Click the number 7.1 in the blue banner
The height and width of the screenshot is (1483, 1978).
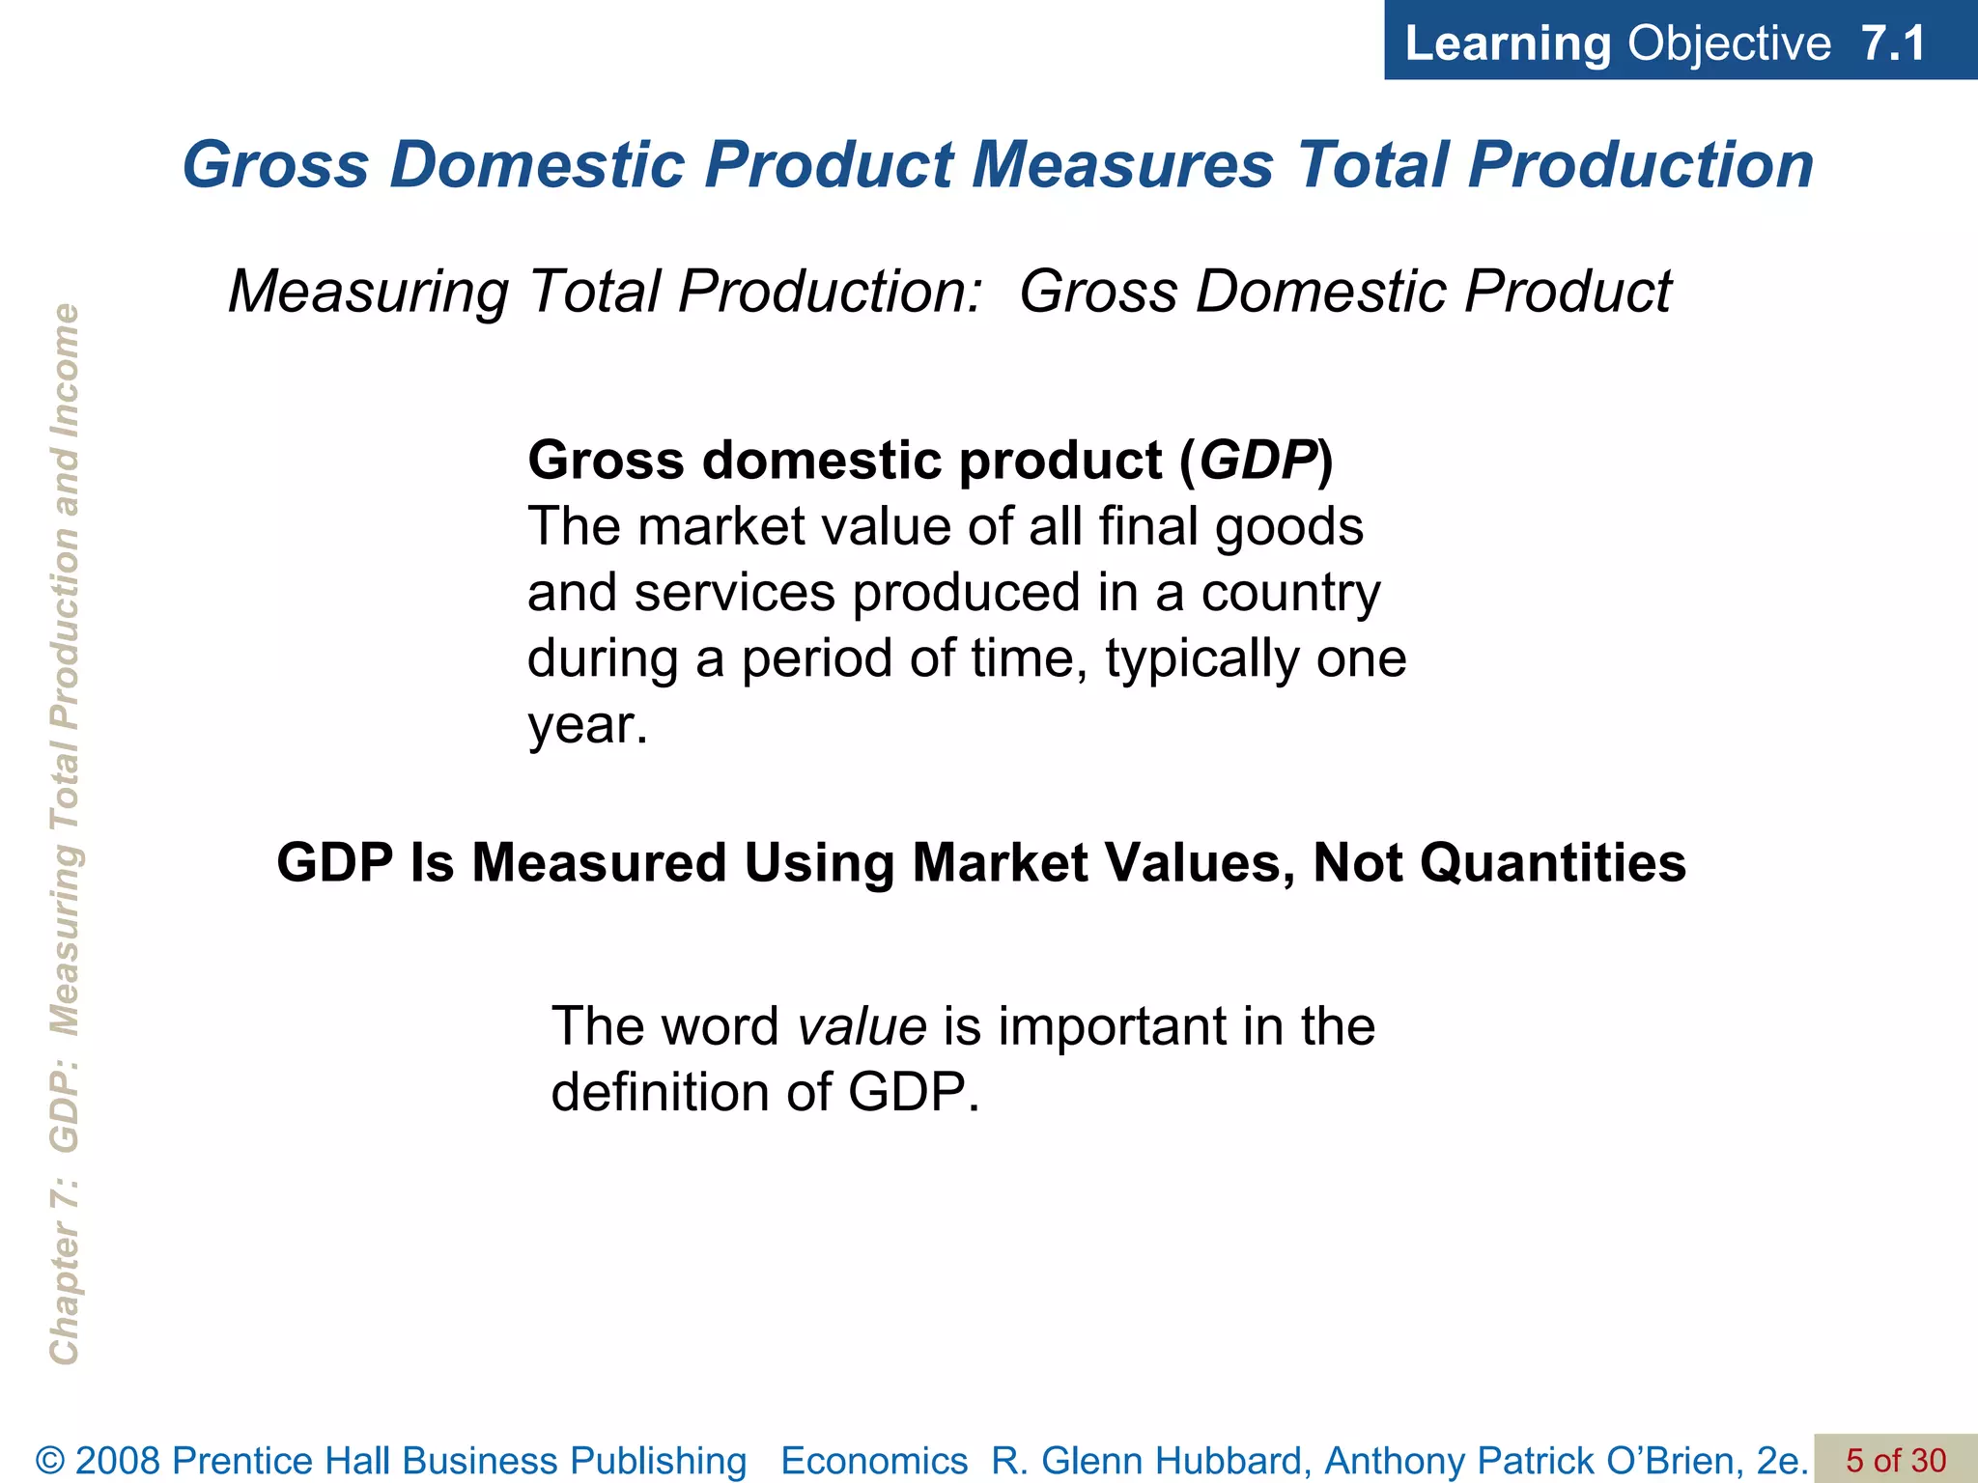click(x=1894, y=43)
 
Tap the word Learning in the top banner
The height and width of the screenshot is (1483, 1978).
click(x=1508, y=44)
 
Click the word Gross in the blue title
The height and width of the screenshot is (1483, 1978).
click(x=276, y=164)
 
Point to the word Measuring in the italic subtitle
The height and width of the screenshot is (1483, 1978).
click(x=368, y=292)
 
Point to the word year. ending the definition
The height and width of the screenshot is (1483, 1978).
click(x=587, y=726)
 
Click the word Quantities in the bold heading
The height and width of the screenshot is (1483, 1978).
click(x=1552, y=862)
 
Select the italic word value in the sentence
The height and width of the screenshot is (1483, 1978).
click(x=862, y=1026)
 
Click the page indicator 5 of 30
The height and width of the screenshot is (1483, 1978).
click(x=1896, y=1460)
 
